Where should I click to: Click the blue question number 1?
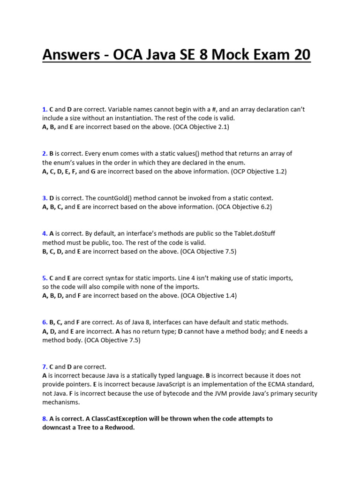pyautogui.click(x=45, y=109)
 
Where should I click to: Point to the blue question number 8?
pyautogui.click(x=45, y=419)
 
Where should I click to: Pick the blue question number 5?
pyautogui.click(x=45, y=278)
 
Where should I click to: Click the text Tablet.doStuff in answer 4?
pyautogui.click(x=260, y=233)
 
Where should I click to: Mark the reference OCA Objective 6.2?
pyautogui.click(x=244, y=207)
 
